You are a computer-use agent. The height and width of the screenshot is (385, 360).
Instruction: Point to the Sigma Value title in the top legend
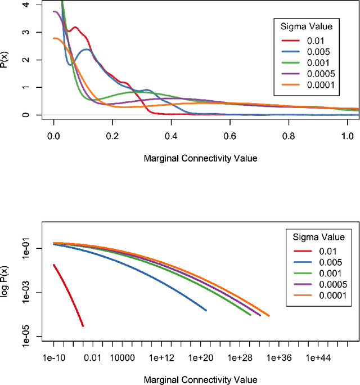tap(307, 26)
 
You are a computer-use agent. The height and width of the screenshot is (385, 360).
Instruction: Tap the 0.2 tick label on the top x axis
tap(112, 136)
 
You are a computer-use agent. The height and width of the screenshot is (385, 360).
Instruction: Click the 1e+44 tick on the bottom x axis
tap(318, 357)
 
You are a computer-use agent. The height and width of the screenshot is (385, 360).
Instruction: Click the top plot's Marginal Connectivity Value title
tap(200, 158)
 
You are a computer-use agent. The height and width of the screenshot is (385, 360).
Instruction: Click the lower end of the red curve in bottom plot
tap(83, 325)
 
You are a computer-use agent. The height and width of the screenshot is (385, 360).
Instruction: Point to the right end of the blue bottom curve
tap(206, 310)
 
